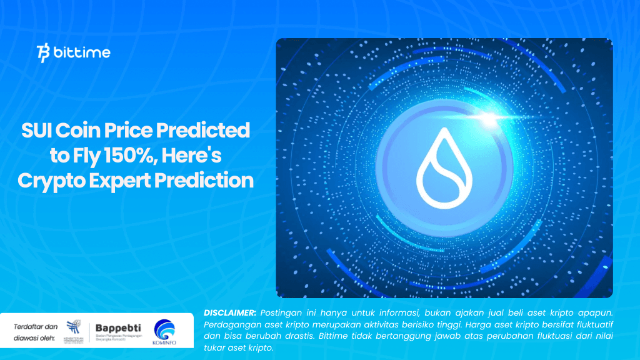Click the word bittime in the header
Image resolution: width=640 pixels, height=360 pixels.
click(82, 53)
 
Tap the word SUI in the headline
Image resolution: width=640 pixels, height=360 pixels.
click(36, 131)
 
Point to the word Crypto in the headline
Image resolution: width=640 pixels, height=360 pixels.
click(52, 181)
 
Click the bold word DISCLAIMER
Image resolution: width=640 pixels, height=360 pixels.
click(229, 312)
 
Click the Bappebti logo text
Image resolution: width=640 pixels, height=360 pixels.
click(118, 327)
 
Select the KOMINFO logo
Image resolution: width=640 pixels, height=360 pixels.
click(164, 332)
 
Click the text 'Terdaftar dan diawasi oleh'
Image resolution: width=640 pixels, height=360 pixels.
click(35, 332)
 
